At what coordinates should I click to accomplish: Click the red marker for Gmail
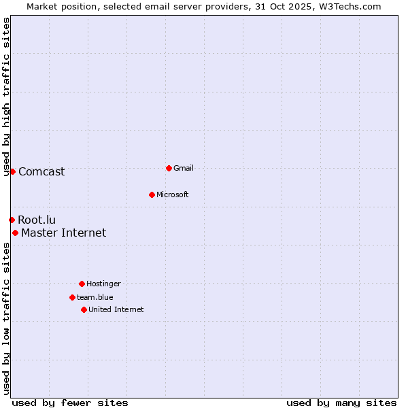click(x=169, y=168)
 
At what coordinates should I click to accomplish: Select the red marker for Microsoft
click(x=152, y=194)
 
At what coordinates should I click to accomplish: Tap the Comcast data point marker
click(x=12, y=171)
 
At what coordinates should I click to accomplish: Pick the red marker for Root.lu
click(x=12, y=220)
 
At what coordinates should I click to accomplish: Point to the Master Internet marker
click(x=15, y=233)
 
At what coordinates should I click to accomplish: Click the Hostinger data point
click(x=82, y=284)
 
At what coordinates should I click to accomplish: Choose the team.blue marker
click(x=72, y=297)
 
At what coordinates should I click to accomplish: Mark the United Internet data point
click(x=84, y=309)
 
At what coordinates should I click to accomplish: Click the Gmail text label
click(x=184, y=168)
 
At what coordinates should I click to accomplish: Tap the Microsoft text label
click(x=173, y=194)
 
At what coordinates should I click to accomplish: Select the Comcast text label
click(x=41, y=171)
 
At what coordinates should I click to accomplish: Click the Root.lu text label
click(x=37, y=220)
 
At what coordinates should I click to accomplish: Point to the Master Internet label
click(x=64, y=233)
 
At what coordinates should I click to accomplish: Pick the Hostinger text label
click(x=103, y=284)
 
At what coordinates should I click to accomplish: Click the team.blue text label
click(x=95, y=297)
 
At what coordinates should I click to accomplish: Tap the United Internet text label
click(x=116, y=309)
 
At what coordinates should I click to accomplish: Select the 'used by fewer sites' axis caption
click(x=70, y=403)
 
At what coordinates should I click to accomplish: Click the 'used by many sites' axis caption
click(x=341, y=403)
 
